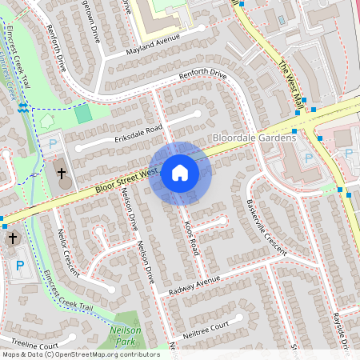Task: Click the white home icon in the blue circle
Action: (x=179, y=172)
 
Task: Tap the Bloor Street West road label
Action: (x=124, y=178)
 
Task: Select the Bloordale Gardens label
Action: (x=254, y=138)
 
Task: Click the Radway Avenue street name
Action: (x=194, y=286)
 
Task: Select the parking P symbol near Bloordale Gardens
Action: (x=309, y=158)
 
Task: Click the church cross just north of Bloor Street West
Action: (x=62, y=173)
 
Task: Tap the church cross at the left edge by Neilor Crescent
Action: (x=12, y=238)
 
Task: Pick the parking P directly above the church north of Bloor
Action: (x=53, y=145)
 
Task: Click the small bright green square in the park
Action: (x=83, y=114)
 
